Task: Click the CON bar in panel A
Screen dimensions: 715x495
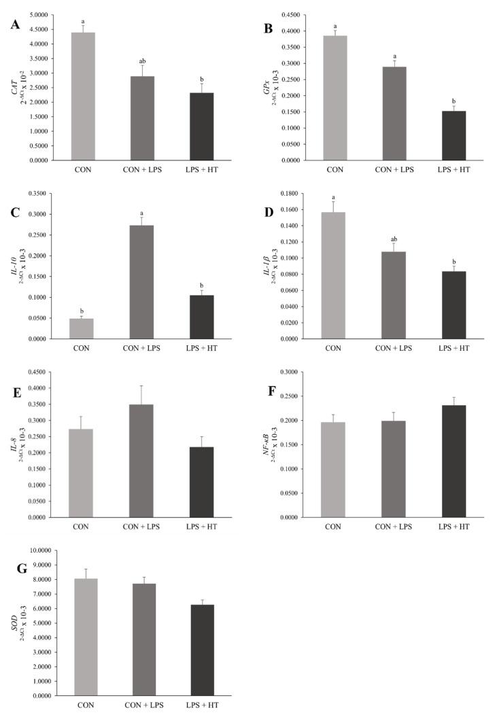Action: (x=83, y=96)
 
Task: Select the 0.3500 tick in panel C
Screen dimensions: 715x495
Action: (x=43, y=194)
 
